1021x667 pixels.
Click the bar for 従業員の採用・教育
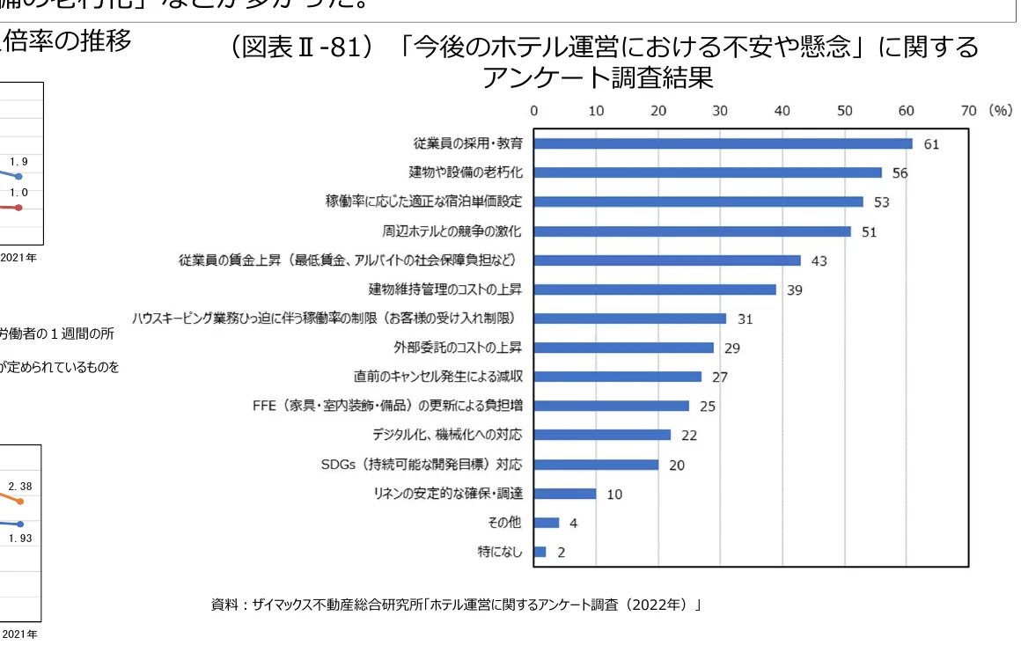(723, 143)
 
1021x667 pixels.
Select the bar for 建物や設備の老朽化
(708, 172)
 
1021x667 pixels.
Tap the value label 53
(881, 202)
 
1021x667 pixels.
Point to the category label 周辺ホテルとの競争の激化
(452, 231)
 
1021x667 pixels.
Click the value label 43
(819, 260)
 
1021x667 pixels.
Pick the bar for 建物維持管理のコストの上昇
(655, 290)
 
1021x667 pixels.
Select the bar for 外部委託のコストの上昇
(623, 348)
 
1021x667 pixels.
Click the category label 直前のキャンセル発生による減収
(438, 377)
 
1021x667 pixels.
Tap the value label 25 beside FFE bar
(707, 407)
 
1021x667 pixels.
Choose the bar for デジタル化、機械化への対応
(602, 435)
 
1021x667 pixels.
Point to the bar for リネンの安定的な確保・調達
(564, 494)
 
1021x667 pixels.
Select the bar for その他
(546, 523)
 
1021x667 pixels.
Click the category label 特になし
(499, 552)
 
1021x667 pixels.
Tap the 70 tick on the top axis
(968, 111)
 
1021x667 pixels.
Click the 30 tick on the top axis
(720, 111)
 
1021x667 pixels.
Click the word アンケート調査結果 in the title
(597, 77)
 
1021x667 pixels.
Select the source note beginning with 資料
(455, 605)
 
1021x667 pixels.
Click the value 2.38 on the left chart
(20, 486)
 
